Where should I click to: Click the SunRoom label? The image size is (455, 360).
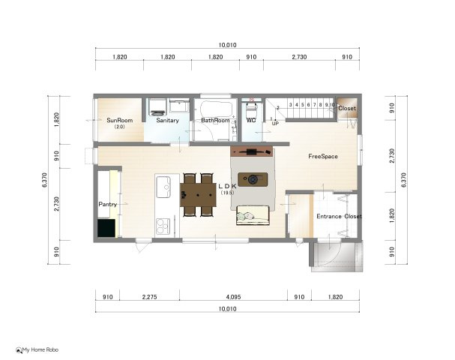[x=119, y=120]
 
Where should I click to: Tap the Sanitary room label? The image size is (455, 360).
[x=167, y=120]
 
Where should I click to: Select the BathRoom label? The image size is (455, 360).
[x=215, y=120]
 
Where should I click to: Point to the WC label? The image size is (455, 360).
[x=252, y=120]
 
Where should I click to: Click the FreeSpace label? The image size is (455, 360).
[x=323, y=157]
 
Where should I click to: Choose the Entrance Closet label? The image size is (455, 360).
[x=338, y=217]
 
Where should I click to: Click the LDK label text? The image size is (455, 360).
[x=227, y=185]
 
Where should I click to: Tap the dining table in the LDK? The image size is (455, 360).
[x=199, y=195]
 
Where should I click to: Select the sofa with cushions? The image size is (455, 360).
[x=253, y=216]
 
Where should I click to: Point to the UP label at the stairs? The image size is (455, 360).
[x=275, y=124]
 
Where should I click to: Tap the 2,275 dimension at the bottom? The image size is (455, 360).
[x=148, y=298]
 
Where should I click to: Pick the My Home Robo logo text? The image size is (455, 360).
[x=40, y=349]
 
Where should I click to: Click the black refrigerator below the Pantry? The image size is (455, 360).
[x=106, y=228]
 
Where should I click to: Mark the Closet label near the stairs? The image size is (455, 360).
[x=347, y=109]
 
